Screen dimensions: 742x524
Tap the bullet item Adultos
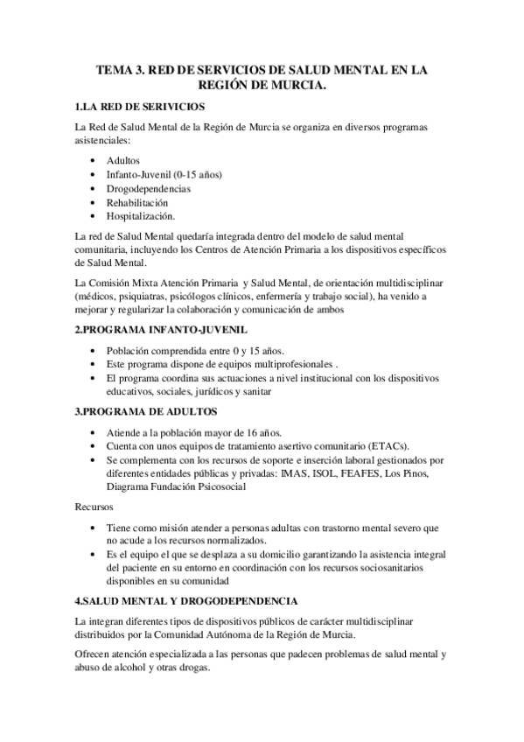click(124, 160)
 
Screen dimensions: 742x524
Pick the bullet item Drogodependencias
click(149, 188)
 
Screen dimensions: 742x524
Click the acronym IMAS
click(293, 473)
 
